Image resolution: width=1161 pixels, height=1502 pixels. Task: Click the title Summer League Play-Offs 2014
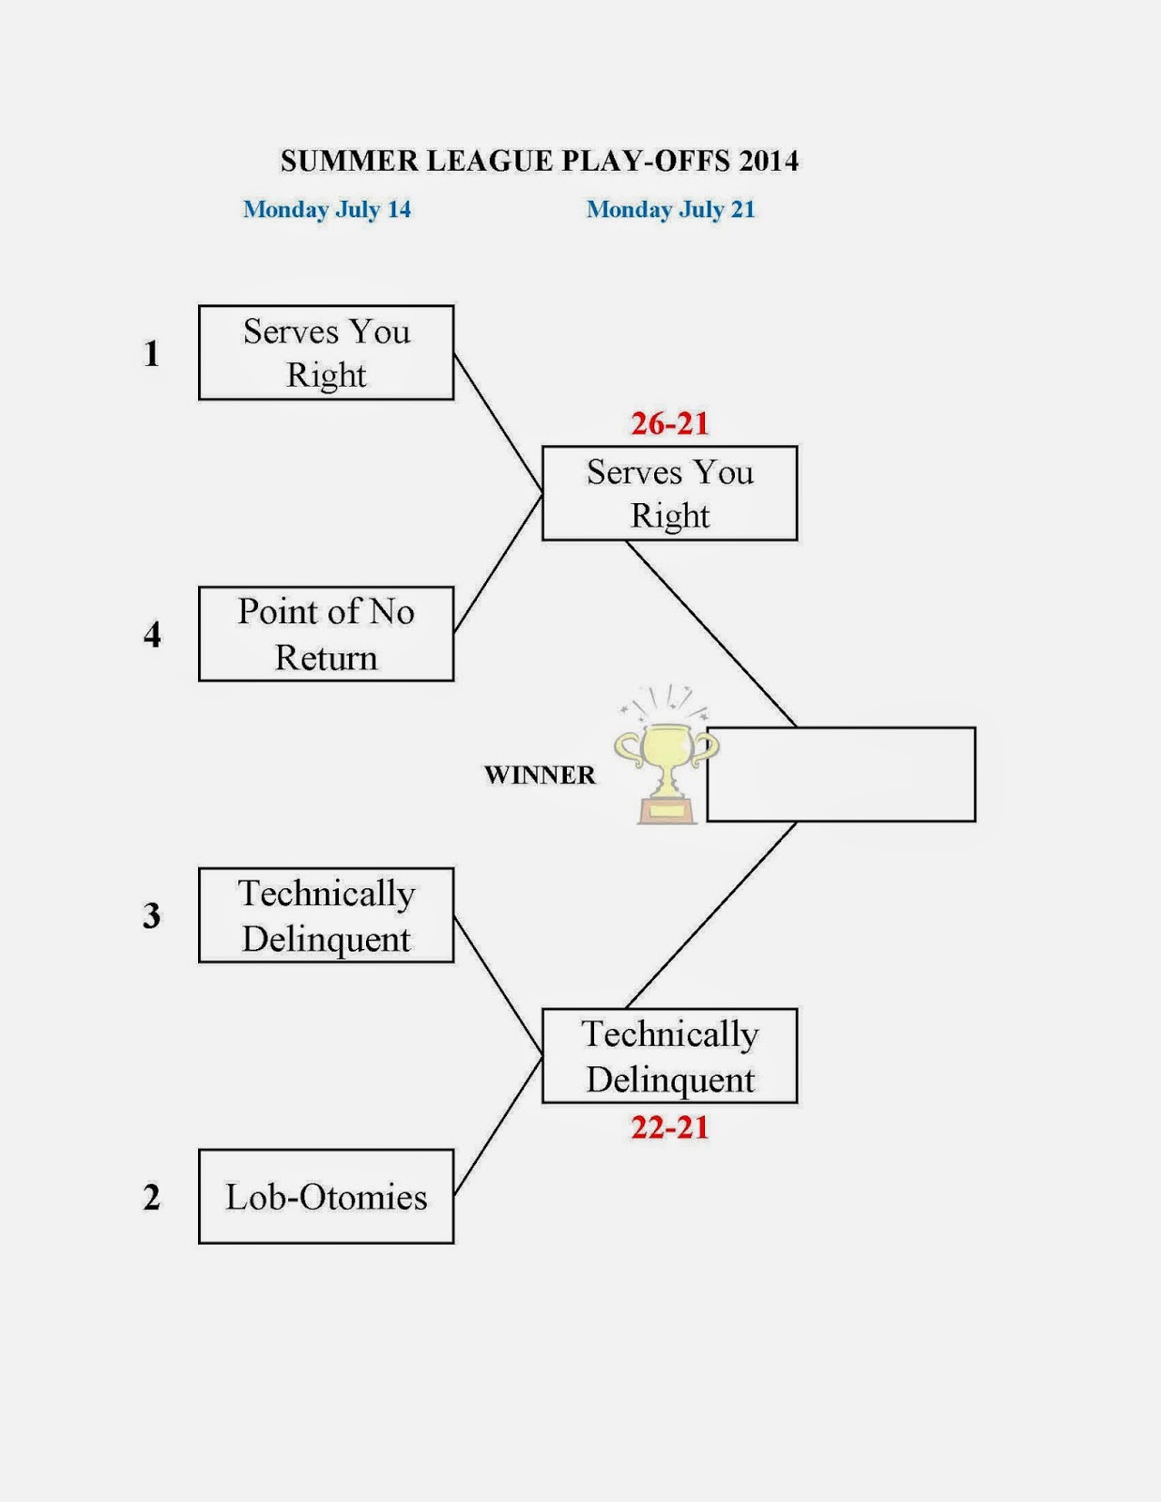(x=539, y=161)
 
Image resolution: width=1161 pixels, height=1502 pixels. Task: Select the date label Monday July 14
(x=327, y=209)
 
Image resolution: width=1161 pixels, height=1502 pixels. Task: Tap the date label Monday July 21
(x=670, y=209)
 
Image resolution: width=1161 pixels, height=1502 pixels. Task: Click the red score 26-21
(x=669, y=423)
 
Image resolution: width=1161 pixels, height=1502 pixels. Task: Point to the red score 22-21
(x=669, y=1127)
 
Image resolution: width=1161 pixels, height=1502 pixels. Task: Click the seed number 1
(x=151, y=353)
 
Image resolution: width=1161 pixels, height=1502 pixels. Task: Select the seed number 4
(x=152, y=635)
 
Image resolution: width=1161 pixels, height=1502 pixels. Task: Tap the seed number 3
(x=151, y=915)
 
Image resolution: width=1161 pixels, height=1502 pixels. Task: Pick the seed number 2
(x=151, y=1197)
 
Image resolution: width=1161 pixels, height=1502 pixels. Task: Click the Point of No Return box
(x=327, y=634)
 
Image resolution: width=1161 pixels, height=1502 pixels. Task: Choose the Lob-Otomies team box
(x=327, y=1197)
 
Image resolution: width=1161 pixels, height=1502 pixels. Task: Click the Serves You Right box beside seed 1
(x=327, y=353)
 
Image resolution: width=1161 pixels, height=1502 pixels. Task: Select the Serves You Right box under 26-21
(x=669, y=493)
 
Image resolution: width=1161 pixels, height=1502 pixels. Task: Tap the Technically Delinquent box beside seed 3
(x=327, y=915)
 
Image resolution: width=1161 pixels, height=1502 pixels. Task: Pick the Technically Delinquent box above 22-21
(x=669, y=1055)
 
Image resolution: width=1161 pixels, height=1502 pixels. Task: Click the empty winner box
(x=841, y=774)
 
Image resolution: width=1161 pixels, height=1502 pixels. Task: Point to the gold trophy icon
(x=665, y=757)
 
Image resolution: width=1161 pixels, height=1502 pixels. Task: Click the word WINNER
(x=540, y=774)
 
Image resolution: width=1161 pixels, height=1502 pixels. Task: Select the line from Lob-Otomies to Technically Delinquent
(x=498, y=1126)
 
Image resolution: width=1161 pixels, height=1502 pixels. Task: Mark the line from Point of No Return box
(x=498, y=562)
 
